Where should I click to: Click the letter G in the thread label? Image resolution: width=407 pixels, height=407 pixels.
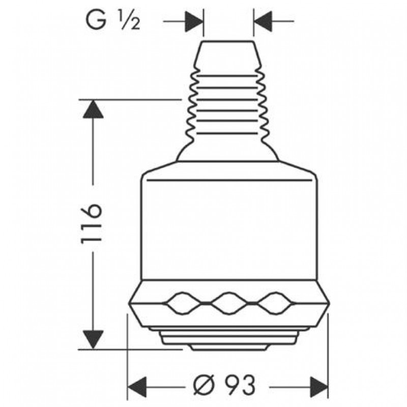pos(96,20)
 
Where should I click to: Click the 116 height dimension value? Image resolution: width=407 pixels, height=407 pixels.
pos(91,223)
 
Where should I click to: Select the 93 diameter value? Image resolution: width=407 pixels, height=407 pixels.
pos(240,385)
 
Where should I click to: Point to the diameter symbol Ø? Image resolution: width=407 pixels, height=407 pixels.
pos(205,385)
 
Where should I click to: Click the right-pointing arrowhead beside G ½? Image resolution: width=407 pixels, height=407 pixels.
pos(194,21)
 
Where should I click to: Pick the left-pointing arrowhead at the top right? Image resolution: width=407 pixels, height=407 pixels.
pos(263,21)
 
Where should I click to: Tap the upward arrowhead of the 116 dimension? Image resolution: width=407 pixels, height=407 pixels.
pos(93,109)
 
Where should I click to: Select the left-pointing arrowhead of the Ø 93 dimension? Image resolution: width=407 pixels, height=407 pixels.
pos(137,387)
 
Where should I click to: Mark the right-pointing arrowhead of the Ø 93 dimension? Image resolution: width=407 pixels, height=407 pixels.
pos(319,387)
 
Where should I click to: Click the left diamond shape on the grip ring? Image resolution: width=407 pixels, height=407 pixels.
pos(183,303)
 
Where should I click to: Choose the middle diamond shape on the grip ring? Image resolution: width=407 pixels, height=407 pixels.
pos(228,303)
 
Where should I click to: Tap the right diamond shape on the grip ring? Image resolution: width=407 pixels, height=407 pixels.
pos(275,303)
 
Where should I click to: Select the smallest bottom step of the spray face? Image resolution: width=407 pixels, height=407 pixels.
pos(228,347)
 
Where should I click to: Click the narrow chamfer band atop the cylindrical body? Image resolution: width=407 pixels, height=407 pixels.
pos(228,170)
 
